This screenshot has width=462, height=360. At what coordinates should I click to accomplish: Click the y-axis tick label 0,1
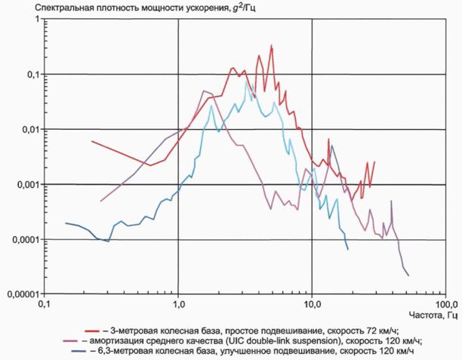(x=33, y=74)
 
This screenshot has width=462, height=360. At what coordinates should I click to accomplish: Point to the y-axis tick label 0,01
(x=31, y=129)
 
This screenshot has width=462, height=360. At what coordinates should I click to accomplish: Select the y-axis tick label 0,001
(x=29, y=185)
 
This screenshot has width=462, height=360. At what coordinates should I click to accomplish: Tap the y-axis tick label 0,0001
(x=26, y=239)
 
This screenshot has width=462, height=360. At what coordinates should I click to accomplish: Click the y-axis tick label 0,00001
(x=23, y=294)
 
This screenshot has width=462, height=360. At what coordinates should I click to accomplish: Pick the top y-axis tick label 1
(x=38, y=19)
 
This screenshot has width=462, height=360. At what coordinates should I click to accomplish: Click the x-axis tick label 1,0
(x=178, y=303)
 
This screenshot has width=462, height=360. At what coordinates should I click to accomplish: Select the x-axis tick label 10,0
(x=312, y=303)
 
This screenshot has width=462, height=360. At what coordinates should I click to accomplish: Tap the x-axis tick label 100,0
(x=446, y=303)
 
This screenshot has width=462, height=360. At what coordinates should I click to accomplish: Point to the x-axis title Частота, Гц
(x=433, y=315)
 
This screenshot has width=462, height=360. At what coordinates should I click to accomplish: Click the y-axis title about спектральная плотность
(x=145, y=8)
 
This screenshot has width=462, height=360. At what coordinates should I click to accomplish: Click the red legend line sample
(x=92, y=331)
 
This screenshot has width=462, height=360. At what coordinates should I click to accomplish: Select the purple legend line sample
(x=70, y=341)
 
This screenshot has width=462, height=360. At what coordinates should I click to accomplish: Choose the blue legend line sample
(x=79, y=352)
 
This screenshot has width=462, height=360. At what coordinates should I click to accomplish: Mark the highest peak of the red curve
(x=272, y=45)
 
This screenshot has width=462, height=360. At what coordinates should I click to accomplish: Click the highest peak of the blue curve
(x=246, y=81)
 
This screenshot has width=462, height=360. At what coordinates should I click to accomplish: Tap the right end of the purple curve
(x=408, y=275)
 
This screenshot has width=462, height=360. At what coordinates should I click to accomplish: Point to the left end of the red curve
(x=91, y=141)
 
